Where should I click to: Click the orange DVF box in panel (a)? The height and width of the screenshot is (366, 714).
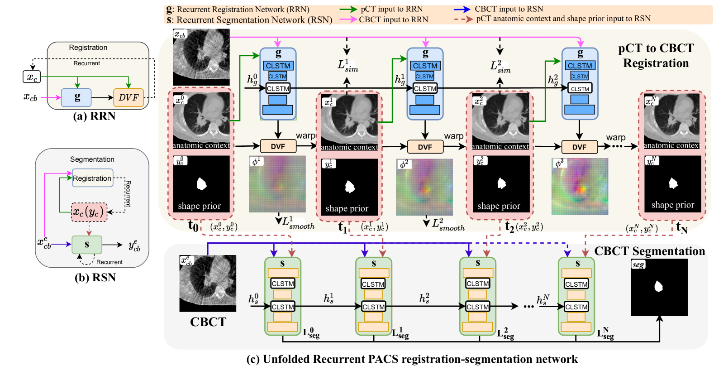coord(128,97)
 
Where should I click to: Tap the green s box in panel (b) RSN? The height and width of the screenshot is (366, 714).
coord(87,245)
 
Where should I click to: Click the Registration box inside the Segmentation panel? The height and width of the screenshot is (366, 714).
coord(92,178)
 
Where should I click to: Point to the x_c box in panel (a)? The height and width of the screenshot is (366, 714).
coord(32,77)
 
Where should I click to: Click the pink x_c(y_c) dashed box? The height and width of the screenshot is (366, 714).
coord(89,212)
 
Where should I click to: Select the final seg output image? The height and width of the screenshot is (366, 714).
coord(659,287)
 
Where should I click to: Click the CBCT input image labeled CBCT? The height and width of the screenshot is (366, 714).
coord(208,283)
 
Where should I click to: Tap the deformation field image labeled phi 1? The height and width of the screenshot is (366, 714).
coord(277,184)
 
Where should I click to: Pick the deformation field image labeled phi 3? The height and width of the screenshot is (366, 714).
coord(580,186)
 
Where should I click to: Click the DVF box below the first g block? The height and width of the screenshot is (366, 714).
coord(278,146)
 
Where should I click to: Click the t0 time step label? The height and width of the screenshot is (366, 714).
coord(193,225)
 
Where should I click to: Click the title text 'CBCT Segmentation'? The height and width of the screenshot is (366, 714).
coord(649,251)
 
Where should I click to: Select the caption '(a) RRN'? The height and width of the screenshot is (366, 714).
coord(94,116)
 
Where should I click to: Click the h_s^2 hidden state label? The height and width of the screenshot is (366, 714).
coord(424,298)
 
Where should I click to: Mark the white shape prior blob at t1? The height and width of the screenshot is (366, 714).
coord(350,187)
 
